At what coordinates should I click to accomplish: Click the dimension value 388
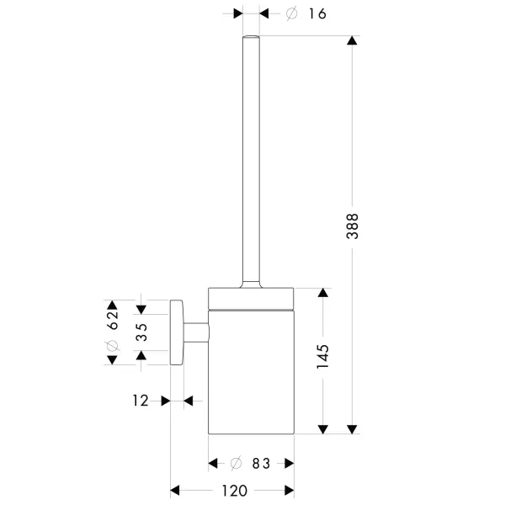353,226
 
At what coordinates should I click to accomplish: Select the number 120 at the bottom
232,491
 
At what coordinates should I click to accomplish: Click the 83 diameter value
259,463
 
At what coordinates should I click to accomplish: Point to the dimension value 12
140,401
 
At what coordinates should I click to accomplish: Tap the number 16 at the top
316,13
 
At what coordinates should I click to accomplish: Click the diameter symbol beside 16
291,13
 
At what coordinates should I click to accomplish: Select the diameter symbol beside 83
237,463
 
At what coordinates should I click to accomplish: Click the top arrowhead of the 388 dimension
353,42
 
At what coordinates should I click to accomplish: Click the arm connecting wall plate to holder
196,332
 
